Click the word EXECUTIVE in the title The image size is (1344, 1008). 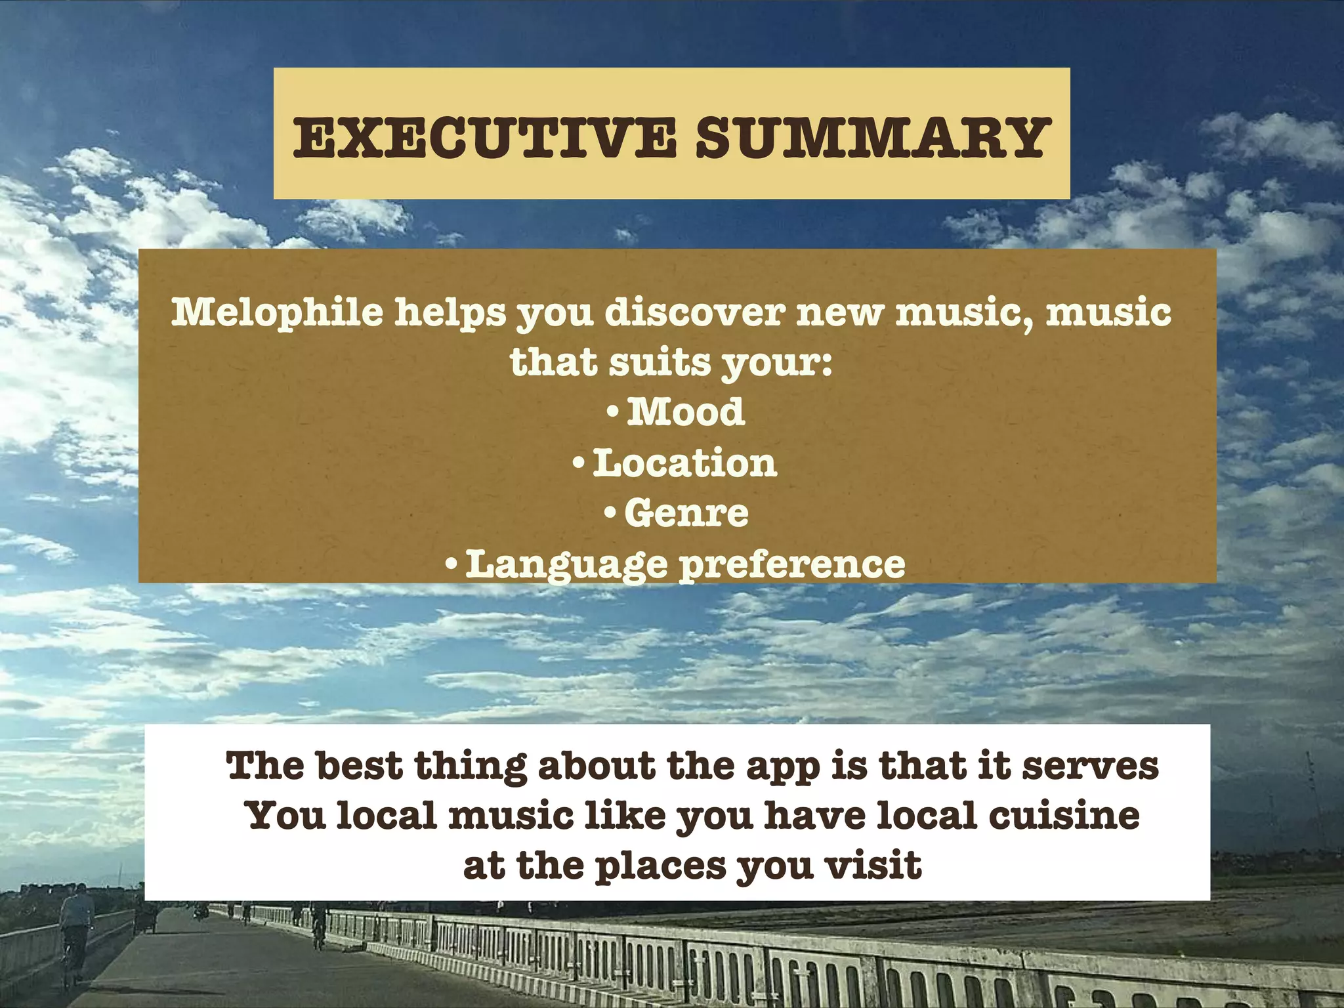click(484, 138)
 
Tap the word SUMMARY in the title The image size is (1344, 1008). click(870, 138)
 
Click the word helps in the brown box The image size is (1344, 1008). click(450, 312)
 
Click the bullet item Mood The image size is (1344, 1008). click(685, 412)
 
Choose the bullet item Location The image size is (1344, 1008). click(684, 463)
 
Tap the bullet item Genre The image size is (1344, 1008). click(686, 513)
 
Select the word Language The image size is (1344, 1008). click(566, 564)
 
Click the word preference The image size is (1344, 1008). click(792, 564)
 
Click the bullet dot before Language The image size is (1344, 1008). click(451, 564)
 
